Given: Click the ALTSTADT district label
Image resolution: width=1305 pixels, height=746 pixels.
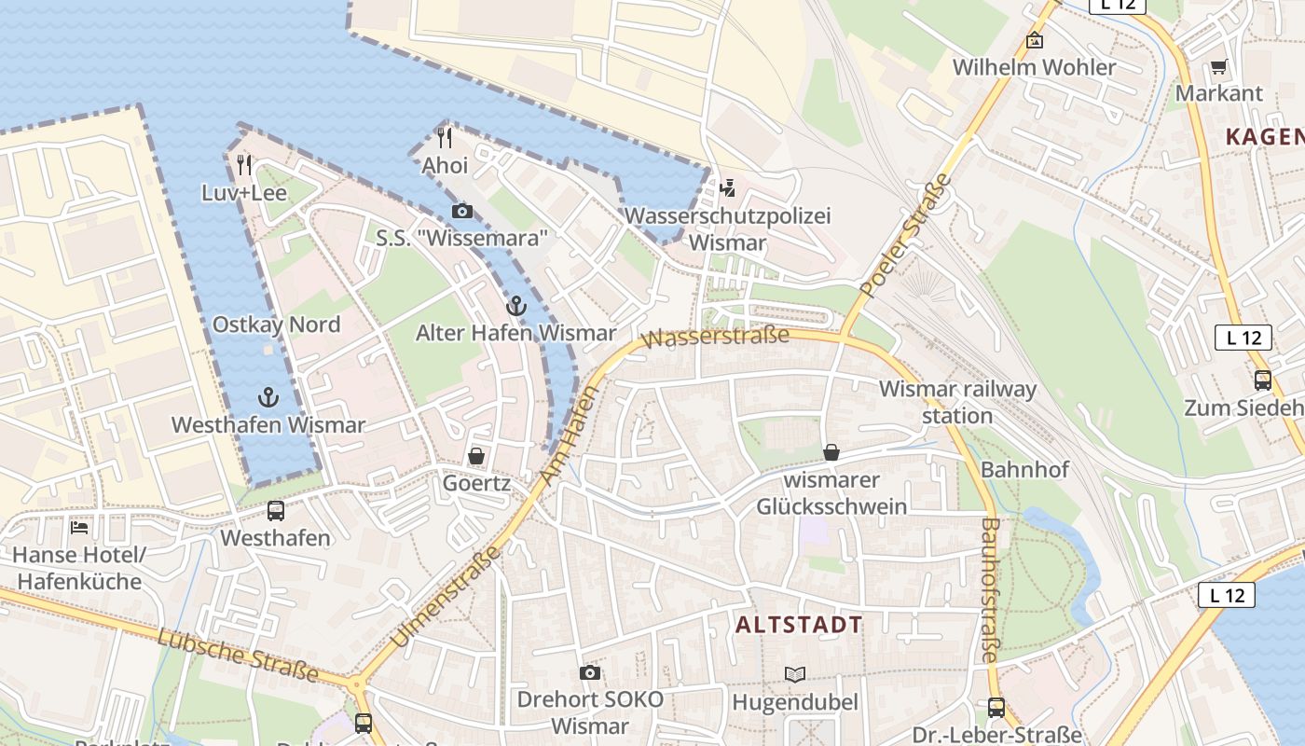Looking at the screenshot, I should (x=799, y=625).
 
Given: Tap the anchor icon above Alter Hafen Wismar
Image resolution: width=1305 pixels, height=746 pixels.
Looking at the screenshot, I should (x=515, y=305).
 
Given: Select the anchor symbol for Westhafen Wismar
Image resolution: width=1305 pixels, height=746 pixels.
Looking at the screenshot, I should (x=268, y=397).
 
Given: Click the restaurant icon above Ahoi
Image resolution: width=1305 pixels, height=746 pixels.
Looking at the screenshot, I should (x=445, y=138).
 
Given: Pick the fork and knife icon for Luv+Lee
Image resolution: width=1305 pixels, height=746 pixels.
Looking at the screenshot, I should (x=244, y=165).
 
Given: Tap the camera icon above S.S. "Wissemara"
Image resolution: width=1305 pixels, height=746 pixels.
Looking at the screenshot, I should (x=461, y=212).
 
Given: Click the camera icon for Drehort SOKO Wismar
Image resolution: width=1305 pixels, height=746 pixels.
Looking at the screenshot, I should (x=589, y=672).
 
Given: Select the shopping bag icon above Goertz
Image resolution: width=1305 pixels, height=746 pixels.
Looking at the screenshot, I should (x=476, y=456).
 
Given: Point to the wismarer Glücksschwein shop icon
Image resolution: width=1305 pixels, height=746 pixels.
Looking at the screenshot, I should (x=831, y=452).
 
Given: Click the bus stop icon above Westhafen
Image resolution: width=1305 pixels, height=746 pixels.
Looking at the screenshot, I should (x=276, y=510).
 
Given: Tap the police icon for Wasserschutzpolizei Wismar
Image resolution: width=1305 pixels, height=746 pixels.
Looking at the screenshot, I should (x=727, y=188).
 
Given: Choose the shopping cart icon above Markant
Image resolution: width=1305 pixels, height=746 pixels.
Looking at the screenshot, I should (x=1218, y=66).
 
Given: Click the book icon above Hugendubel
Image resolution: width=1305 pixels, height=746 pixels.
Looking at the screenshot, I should (x=794, y=674).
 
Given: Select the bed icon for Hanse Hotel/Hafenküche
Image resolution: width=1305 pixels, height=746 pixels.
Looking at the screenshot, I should (x=79, y=527).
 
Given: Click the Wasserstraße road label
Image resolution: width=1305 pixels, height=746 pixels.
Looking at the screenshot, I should (x=716, y=337).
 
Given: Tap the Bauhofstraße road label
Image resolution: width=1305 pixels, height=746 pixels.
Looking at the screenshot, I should (x=989, y=589).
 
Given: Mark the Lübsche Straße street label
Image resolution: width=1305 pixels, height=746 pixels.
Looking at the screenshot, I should (x=238, y=656).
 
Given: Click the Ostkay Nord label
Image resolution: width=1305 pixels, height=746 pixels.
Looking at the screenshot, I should (x=276, y=325).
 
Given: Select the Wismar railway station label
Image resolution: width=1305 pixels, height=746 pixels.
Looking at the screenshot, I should (x=957, y=401).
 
